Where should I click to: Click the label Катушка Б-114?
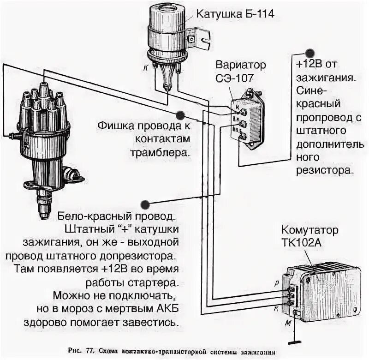(235, 14)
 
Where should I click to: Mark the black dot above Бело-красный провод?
(146, 204)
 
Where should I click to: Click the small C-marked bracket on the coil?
(190, 41)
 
